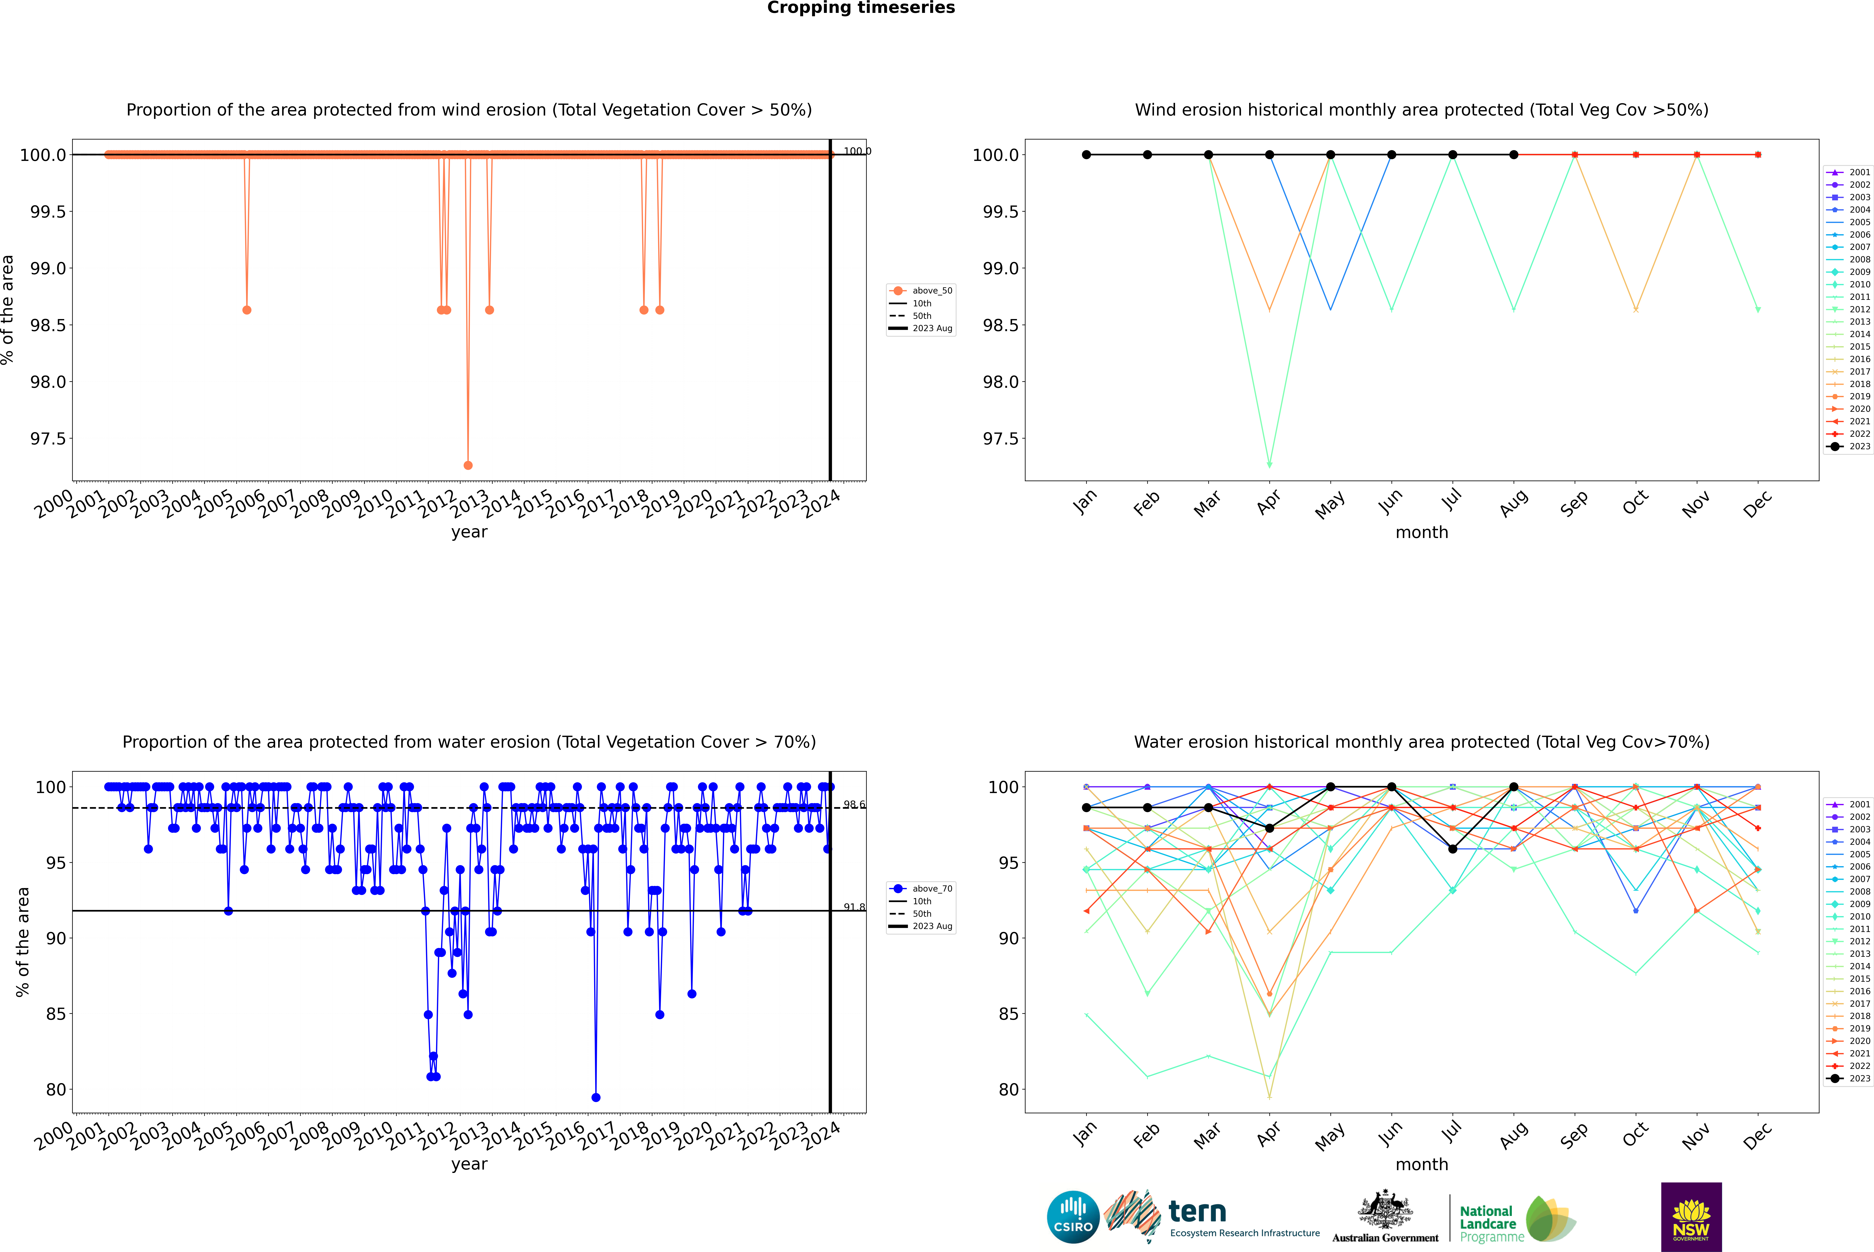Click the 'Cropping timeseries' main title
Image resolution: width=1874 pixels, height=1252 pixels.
pyautogui.click(x=860, y=8)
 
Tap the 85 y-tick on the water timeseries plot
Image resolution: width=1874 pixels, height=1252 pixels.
pyautogui.click(x=56, y=1014)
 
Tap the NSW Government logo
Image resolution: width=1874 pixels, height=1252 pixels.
pyautogui.click(x=1691, y=1217)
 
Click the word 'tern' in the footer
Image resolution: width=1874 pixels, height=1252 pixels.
pyautogui.click(x=1197, y=1212)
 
